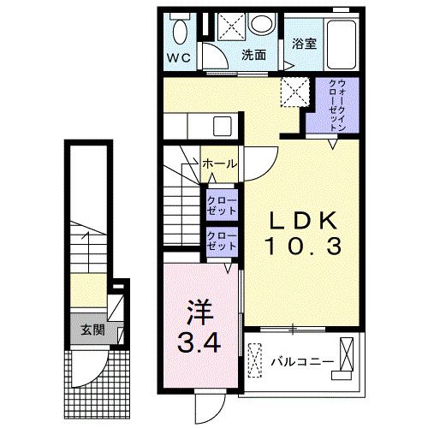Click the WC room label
[x=179, y=58]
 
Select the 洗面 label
[x=253, y=55]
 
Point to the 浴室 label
[x=304, y=44]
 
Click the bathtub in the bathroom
[x=342, y=45]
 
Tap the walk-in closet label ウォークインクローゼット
[x=337, y=105]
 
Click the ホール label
[x=219, y=163]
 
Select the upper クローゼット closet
[x=222, y=205]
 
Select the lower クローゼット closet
[x=222, y=242]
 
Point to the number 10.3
[x=303, y=247]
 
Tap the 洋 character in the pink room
[x=199, y=312]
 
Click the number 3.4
[x=199, y=342]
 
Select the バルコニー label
[x=302, y=362]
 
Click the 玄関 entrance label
[x=92, y=330]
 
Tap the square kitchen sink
[x=223, y=127]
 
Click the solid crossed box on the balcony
[x=347, y=354]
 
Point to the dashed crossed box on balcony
[x=254, y=360]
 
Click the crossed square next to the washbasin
[x=231, y=27]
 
